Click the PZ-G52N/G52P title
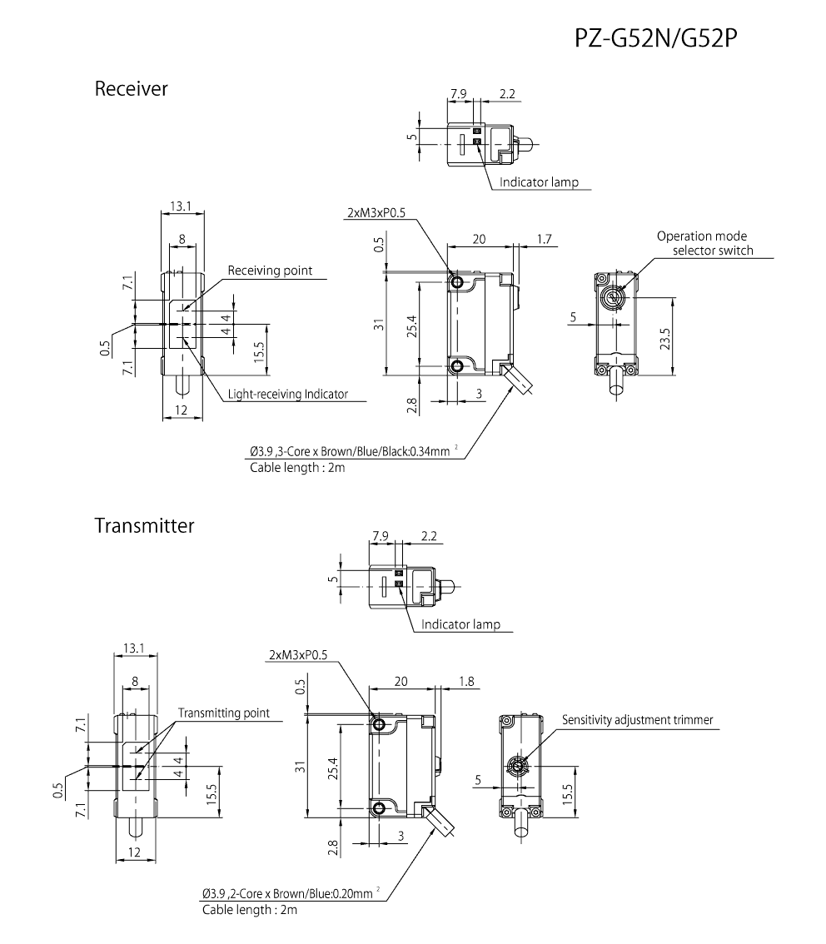pos(656,38)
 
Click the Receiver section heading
pos(131,88)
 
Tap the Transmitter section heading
pos(144,526)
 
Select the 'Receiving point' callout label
pos(270,270)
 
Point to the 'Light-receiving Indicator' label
pos(287,394)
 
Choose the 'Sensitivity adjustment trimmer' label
pos(637,720)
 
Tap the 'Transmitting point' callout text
pos(223,713)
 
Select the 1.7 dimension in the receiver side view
pos(545,239)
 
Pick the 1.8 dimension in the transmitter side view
pos(466,681)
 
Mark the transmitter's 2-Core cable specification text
pos(287,894)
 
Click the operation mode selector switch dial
pos(615,298)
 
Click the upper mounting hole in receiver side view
pos(456,282)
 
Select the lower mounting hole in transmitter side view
pos(379,807)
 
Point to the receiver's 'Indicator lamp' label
pos(539,182)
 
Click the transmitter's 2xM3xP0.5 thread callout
pos(299,654)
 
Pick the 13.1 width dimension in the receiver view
pos(182,206)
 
